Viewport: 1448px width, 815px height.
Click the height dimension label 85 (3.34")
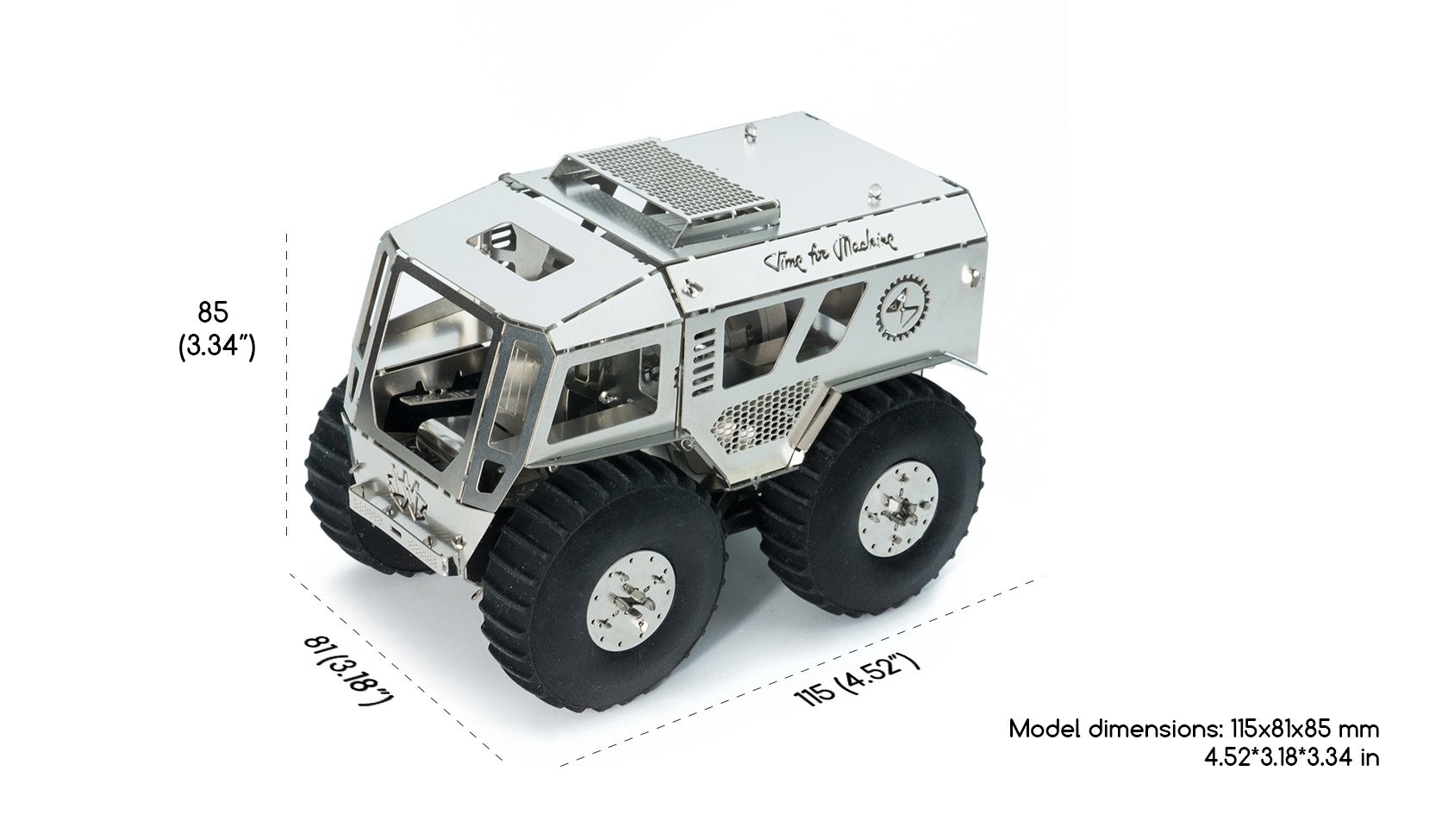point(216,329)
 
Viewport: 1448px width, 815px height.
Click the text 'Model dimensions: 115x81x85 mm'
point(1194,729)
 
